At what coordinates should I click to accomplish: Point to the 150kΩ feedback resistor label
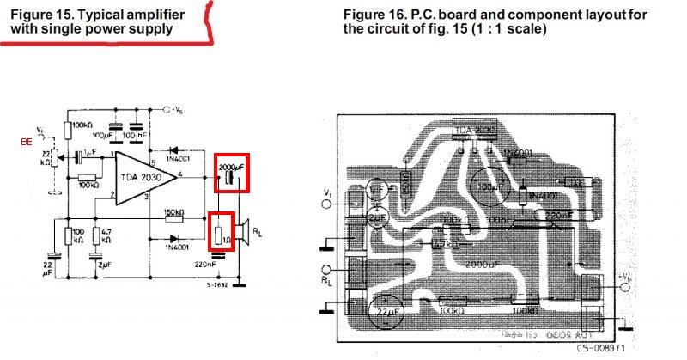tap(174, 212)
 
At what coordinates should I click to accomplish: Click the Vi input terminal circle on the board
tap(326, 204)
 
